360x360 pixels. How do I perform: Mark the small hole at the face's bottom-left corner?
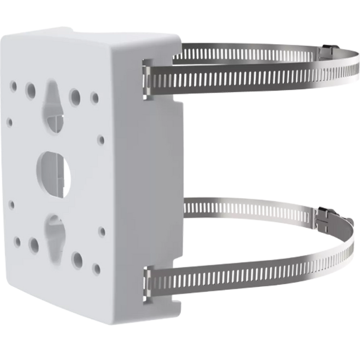[19, 242]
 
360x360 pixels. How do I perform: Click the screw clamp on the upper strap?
[330, 51]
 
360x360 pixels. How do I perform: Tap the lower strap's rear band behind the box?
[223, 208]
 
